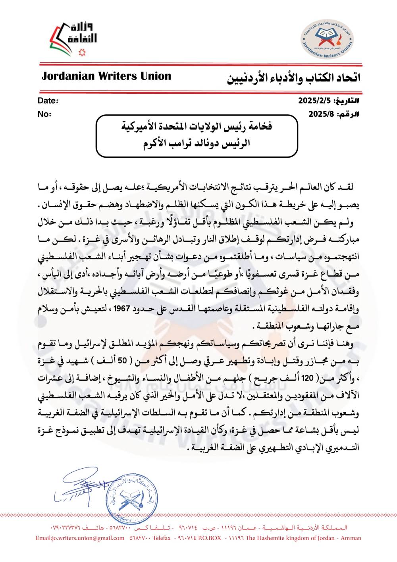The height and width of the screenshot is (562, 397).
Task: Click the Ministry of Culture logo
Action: (x=73, y=39)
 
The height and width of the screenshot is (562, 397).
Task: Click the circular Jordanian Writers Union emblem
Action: (x=326, y=40)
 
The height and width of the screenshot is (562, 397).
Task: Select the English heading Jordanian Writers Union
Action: (x=106, y=76)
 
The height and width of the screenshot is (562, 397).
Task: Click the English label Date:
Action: (x=48, y=101)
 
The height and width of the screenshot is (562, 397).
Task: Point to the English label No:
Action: (x=44, y=114)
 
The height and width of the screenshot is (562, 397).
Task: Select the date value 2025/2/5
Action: (x=315, y=101)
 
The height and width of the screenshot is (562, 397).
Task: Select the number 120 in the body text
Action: (x=307, y=378)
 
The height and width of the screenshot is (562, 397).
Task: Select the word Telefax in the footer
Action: (x=162, y=538)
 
